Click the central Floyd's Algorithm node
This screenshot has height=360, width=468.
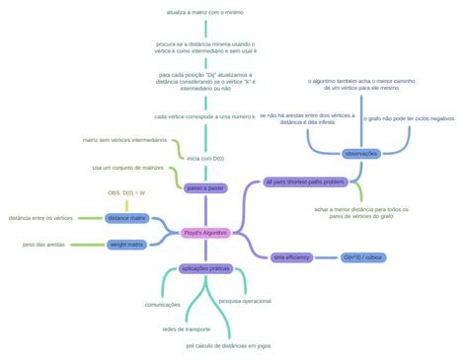(205, 232)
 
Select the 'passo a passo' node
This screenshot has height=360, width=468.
(205, 187)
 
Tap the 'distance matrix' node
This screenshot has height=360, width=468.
(126, 217)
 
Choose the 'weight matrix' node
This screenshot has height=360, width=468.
(126, 244)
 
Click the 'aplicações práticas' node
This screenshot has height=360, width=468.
(205, 267)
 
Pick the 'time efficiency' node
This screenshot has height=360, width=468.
(291, 256)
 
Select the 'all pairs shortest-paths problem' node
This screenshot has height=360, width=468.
(304, 181)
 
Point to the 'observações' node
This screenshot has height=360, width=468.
(360, 153)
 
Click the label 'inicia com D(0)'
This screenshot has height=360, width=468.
(205, 158)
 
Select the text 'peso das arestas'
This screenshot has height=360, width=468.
(43, 244)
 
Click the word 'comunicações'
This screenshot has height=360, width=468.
(163, 305)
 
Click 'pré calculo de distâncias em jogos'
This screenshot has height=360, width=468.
(227, 346)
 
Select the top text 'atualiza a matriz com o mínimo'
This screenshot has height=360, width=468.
(205, 12)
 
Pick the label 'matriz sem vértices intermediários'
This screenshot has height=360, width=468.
(124, 141)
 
